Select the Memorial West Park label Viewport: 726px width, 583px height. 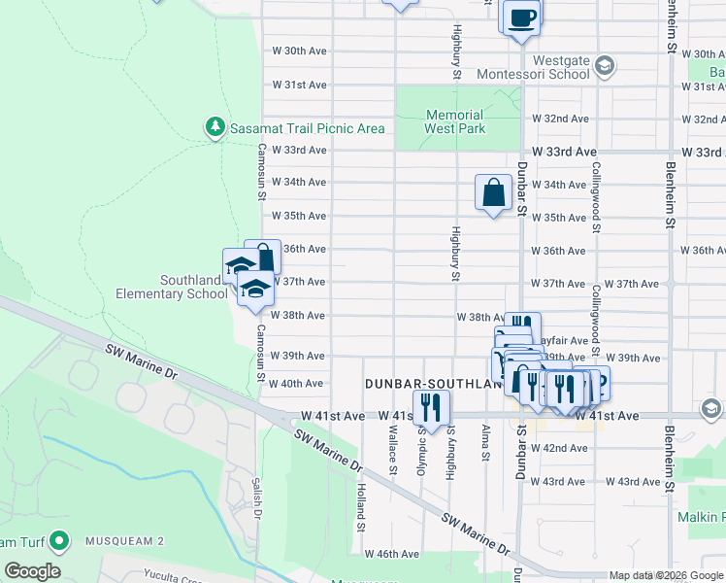click(x=455, y=120)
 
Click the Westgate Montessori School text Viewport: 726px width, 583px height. click(x=534, y=66)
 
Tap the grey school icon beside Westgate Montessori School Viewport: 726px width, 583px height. click(x=605, y=66)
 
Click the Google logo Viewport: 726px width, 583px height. click(x=32, y=571)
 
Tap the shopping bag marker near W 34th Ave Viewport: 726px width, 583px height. click(x=493, y=192)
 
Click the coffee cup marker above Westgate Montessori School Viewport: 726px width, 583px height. click(x=521, y=17)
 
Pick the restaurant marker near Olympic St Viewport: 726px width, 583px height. click(x=431, y=407)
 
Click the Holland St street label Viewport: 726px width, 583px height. click(x=360, y=500)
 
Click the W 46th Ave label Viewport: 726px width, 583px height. click(x=392, y=554)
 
